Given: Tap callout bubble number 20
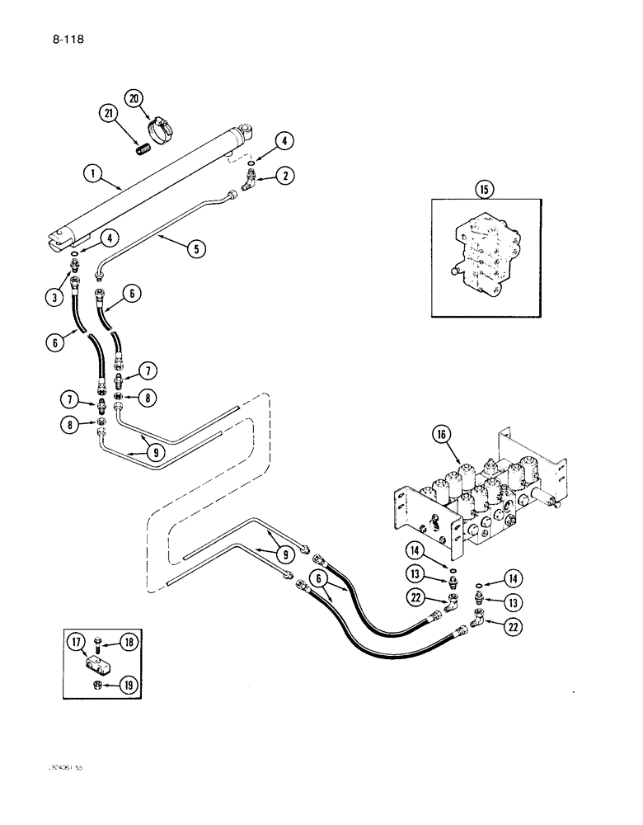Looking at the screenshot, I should click(x=134, y=98).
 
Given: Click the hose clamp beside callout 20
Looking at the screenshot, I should click(x=161, y=128).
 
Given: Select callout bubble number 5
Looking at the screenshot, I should click(x=196, y=247).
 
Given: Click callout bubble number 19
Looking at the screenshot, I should click(x=129, y=684).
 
